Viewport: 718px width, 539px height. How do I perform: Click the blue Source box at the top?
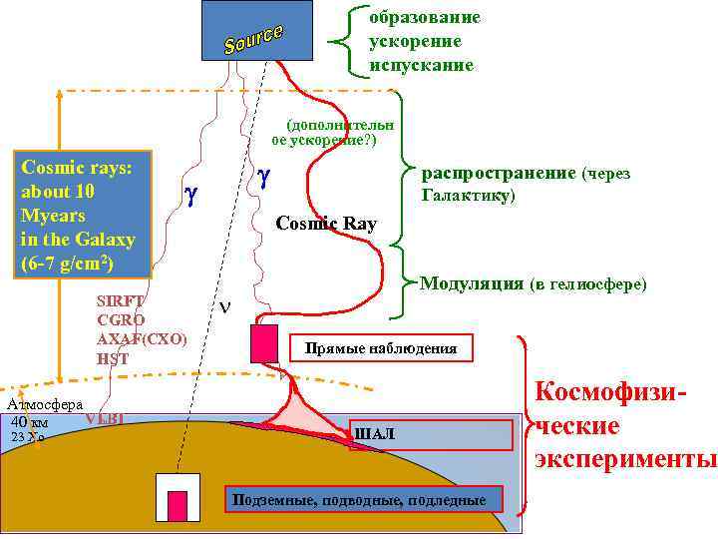256,30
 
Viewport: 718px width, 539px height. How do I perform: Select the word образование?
424,18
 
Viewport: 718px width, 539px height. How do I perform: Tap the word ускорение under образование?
415,41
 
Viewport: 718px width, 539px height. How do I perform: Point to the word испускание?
421,64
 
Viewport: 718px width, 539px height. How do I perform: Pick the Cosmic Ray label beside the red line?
326,224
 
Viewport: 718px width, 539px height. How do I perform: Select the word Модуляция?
471,284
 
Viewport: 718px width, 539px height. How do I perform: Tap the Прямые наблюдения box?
380,348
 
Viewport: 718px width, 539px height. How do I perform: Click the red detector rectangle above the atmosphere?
264,342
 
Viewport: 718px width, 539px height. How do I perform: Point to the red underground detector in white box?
178,505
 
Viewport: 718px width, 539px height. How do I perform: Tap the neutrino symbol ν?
224,306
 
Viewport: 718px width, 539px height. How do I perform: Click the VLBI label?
105,419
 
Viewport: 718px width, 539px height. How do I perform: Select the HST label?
113,359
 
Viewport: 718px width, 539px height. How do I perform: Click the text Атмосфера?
44,405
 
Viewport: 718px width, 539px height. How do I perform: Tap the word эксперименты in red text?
626,459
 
